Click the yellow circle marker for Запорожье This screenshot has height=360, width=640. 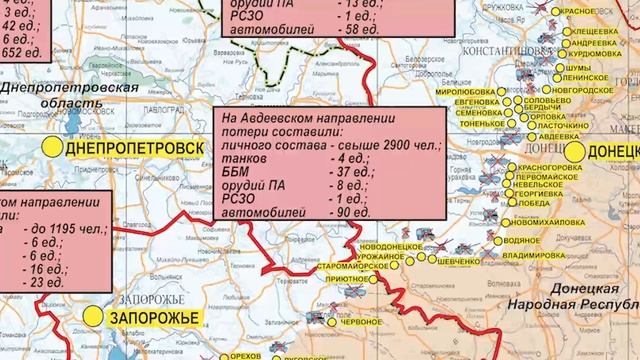(92, 316)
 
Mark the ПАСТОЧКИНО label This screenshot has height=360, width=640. (558, 126)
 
